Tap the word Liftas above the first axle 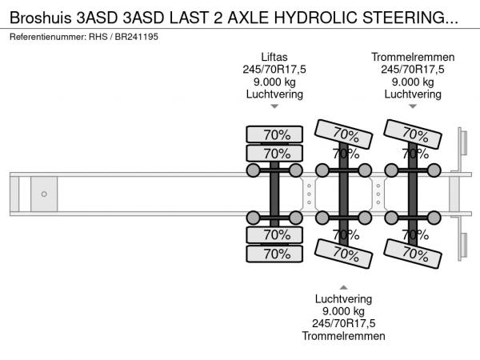[274, 57]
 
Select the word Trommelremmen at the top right [413, 57]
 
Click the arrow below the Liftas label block [274, 106]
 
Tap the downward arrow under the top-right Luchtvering [413, 106]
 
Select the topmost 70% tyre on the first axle [274, 134]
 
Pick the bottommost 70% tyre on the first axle [274, 254]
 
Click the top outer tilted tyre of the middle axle [344, 132]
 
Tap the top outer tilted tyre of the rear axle [414, 132]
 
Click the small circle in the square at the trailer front [44, 194]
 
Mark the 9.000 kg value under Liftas [274, 82]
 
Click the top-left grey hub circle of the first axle [254, 170]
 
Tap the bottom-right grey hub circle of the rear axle [434, 218]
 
